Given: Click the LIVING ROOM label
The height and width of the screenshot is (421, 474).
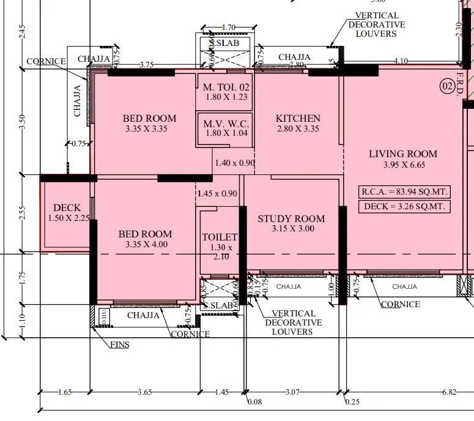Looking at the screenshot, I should tap(403, 154).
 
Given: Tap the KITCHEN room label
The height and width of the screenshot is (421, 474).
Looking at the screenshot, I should tap(298, 119).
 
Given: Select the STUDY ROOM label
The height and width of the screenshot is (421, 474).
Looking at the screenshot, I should tap(291, 219).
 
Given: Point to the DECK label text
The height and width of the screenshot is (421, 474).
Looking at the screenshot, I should tap(67, 208).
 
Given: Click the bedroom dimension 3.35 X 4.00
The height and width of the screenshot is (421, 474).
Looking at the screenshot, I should tap(145, 244).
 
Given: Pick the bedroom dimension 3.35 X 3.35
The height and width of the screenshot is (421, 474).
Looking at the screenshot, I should tap(146, 129).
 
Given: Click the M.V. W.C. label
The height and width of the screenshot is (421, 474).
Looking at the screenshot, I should tap(226, 124).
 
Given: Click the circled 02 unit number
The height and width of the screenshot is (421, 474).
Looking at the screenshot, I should tap(448, 87).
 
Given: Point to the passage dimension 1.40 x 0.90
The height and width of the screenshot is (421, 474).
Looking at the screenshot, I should tap(235, 163).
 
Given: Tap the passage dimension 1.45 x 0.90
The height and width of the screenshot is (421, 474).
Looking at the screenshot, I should tap(217, 193).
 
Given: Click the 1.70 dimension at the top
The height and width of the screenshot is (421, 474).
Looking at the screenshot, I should tap(228, 28).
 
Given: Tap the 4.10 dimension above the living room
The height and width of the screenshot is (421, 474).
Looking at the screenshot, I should tap(401, 61).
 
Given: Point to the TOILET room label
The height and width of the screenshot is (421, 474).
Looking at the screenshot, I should tap(220, 237).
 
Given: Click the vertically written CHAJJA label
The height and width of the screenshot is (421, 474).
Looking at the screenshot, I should tap(78, 100).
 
